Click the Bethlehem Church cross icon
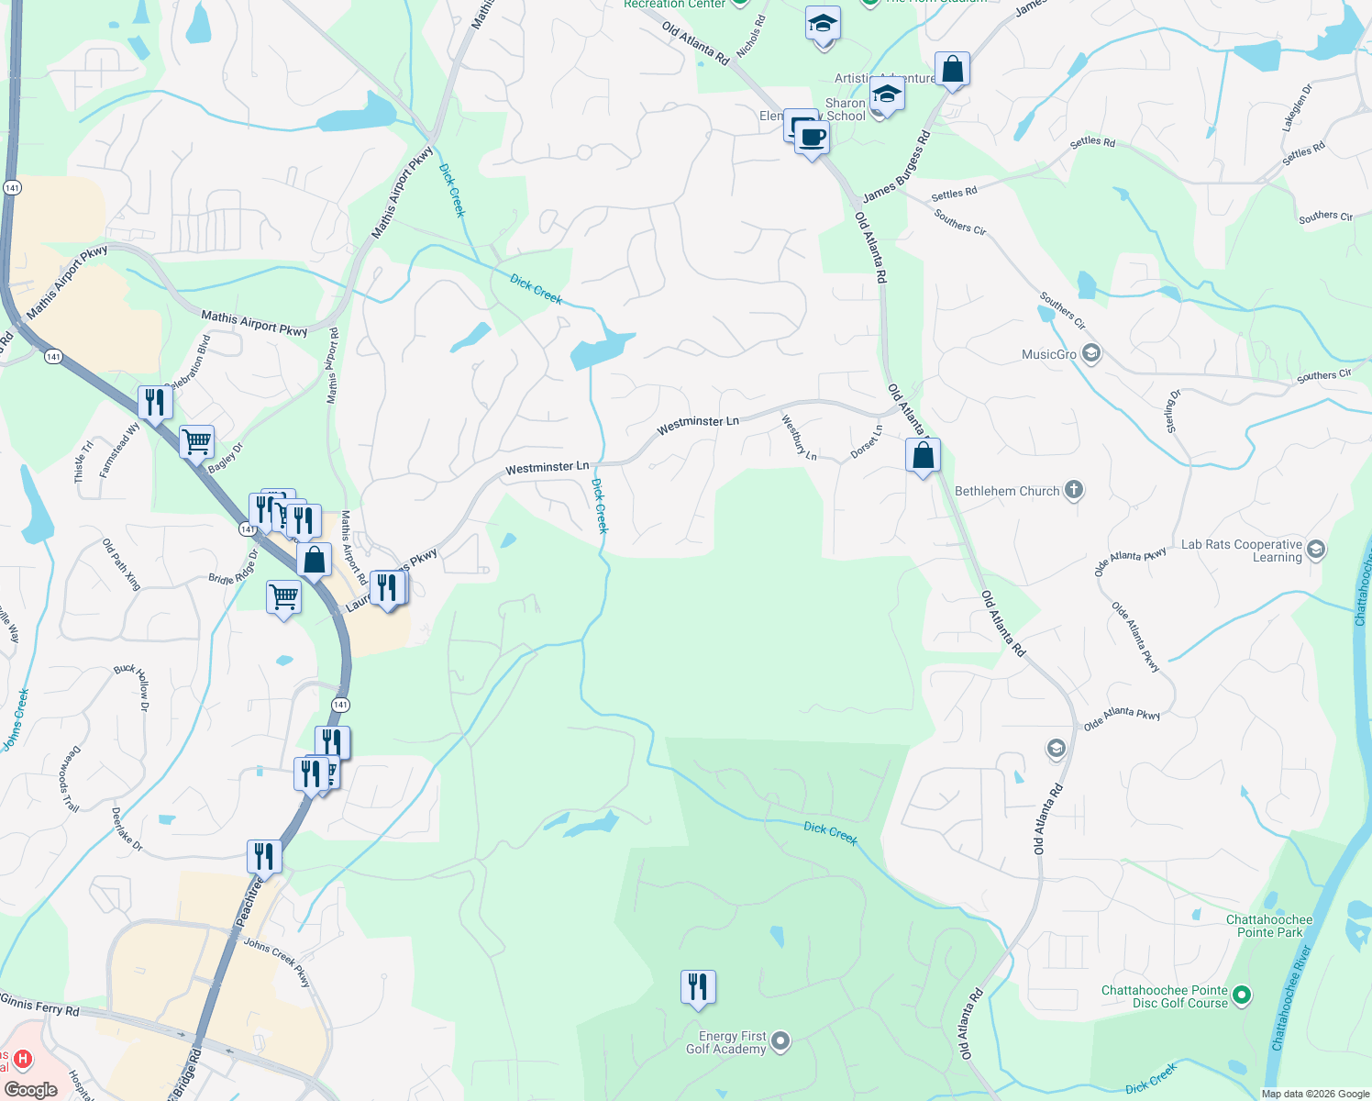pos(1073,491)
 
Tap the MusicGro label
pos(1049,354)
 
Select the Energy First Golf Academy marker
pos(780,1040)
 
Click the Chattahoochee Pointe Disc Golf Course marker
pos(1242,995)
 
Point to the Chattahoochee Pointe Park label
pos(1269,926)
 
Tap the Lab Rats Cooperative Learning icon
pos(1316,550)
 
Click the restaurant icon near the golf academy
pos(698,987)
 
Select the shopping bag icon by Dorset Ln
pos(923,455)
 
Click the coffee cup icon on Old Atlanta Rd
pos(811,139)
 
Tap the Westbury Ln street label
pos(798,437)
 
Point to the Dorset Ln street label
pos(866,441)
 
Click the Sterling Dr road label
pos(1172,411)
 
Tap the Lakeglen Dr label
pos(1298,106)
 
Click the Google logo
pos(30,1089)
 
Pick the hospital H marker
pos(23,1060)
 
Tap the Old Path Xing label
pos(121,564)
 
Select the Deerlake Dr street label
pos(127,829)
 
